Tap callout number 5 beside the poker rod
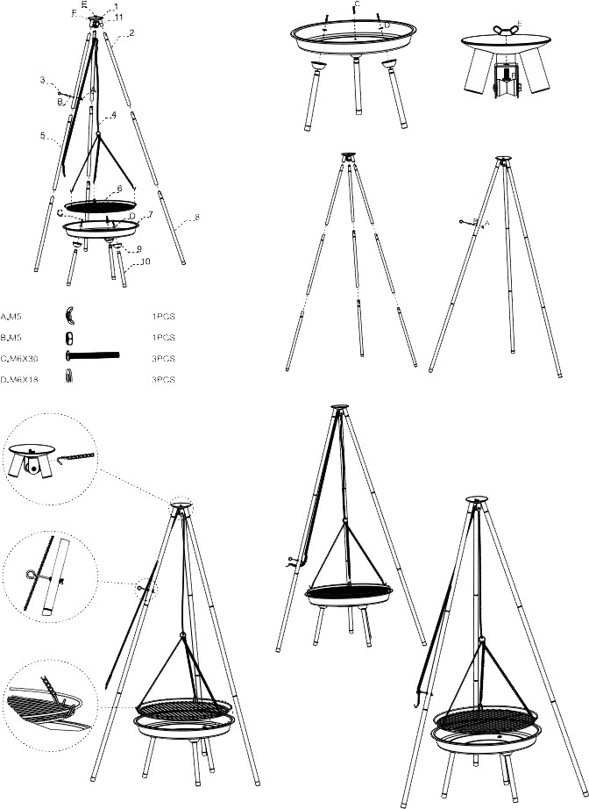(x=43, y=135)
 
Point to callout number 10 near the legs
(x=145, y=261)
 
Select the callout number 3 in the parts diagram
(x=43, y=81)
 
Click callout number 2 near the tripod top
(x=131, y=33)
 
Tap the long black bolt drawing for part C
(x=92, y=356)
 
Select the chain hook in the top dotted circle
(x=75, y=457)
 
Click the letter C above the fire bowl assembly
(x=355, y=5)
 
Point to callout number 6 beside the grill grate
(x=118, y=189)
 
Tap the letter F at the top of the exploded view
(x=74, y=13)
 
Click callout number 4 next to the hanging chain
(x=114, y=115)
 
